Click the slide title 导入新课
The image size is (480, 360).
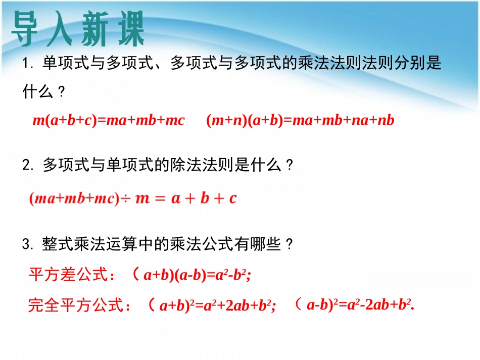[x=78, y=29]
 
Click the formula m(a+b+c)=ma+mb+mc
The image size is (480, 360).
[x=109, y=121]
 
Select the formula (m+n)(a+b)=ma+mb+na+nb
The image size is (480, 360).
[x=300, y=121]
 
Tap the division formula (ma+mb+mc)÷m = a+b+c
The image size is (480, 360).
[x=133, y=198]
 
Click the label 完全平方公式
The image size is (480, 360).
[x=76, y=305]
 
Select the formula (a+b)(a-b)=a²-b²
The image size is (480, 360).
[x=198, y=275]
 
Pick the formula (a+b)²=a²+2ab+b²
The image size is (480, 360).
[x=217, y=305]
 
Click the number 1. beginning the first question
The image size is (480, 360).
[x=27, y=64]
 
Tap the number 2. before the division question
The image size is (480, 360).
[x=27, y=166]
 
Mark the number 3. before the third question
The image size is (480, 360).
[x=27, y=245]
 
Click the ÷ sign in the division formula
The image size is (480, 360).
[x=124, y=199]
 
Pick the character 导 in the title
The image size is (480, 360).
[x=26, y=29]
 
